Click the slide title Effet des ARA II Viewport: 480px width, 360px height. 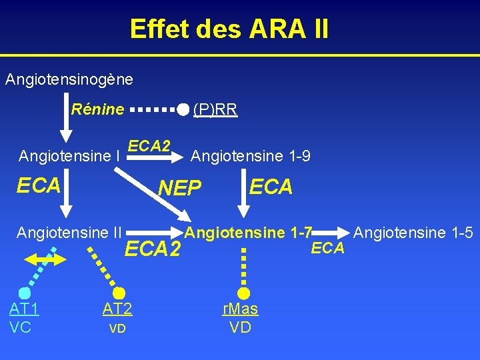pos(229,29)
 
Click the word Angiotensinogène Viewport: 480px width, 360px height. pos(69,79)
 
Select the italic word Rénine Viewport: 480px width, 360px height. pos(97,109)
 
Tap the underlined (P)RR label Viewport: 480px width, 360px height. pos(215,109)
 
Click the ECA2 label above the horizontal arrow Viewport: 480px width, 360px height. pos(149,145)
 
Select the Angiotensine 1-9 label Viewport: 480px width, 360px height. pos(250,156)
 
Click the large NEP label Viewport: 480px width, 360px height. pos(179,189)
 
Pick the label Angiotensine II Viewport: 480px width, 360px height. pos(69,233)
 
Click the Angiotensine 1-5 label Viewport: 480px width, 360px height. pos(413,233)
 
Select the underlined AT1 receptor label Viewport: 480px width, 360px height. pos(24,309)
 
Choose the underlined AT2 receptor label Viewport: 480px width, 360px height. pos(117,309)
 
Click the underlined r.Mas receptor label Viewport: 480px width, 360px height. pos(240,309)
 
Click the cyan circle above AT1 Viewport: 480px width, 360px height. pos(25,293)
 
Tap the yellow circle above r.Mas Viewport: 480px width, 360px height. pos(244,293)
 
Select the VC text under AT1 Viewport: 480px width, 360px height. pos(21,327)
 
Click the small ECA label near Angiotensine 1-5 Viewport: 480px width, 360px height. pos(328,248)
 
